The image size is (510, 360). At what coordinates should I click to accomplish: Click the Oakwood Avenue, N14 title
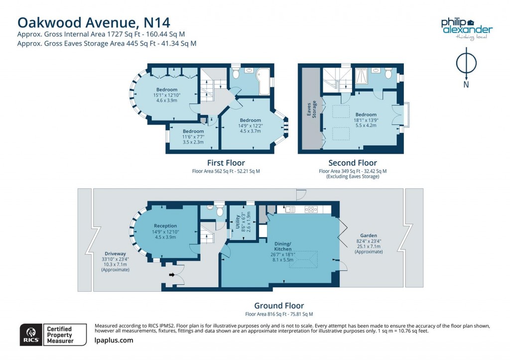click(94, 22)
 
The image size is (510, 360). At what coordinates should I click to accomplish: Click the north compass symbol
click(466, 65)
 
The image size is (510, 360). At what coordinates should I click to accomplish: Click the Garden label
click(369, 236)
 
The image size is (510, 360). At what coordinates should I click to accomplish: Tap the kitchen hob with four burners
click(311, 209)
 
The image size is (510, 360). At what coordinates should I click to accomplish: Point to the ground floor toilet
click(220, 210)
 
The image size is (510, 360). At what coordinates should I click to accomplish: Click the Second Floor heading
click(352, 163)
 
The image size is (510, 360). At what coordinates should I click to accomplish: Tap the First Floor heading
click(226, 163)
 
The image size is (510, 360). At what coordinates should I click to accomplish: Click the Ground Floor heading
click(278, 306)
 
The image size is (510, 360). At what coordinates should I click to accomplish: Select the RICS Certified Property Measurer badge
click(47, 335)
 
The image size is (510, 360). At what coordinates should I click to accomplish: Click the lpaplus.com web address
click(114, 341)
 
